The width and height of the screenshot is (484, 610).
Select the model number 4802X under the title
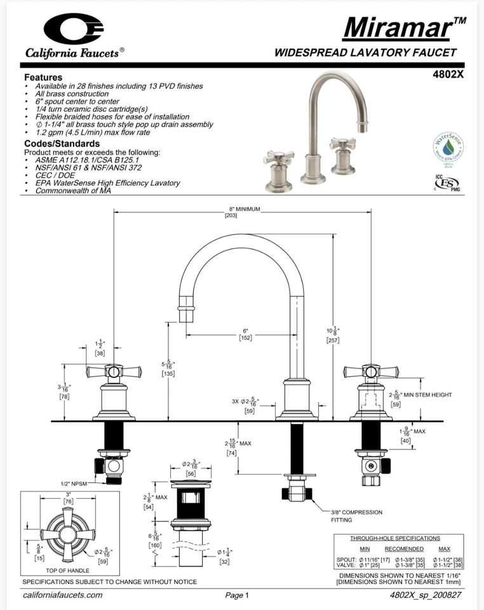point(449,74)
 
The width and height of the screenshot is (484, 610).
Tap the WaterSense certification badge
point(448,148)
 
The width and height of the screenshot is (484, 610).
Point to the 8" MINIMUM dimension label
point(244,209)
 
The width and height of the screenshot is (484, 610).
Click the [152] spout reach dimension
point(246,337)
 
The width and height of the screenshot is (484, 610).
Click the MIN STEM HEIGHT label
point(427,395)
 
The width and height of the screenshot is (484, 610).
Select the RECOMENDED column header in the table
point(403,548)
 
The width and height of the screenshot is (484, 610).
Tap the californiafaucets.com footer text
point(62,595)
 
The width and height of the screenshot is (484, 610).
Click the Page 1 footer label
point(237,595)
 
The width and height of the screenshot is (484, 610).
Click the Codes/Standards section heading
point(62,144)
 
